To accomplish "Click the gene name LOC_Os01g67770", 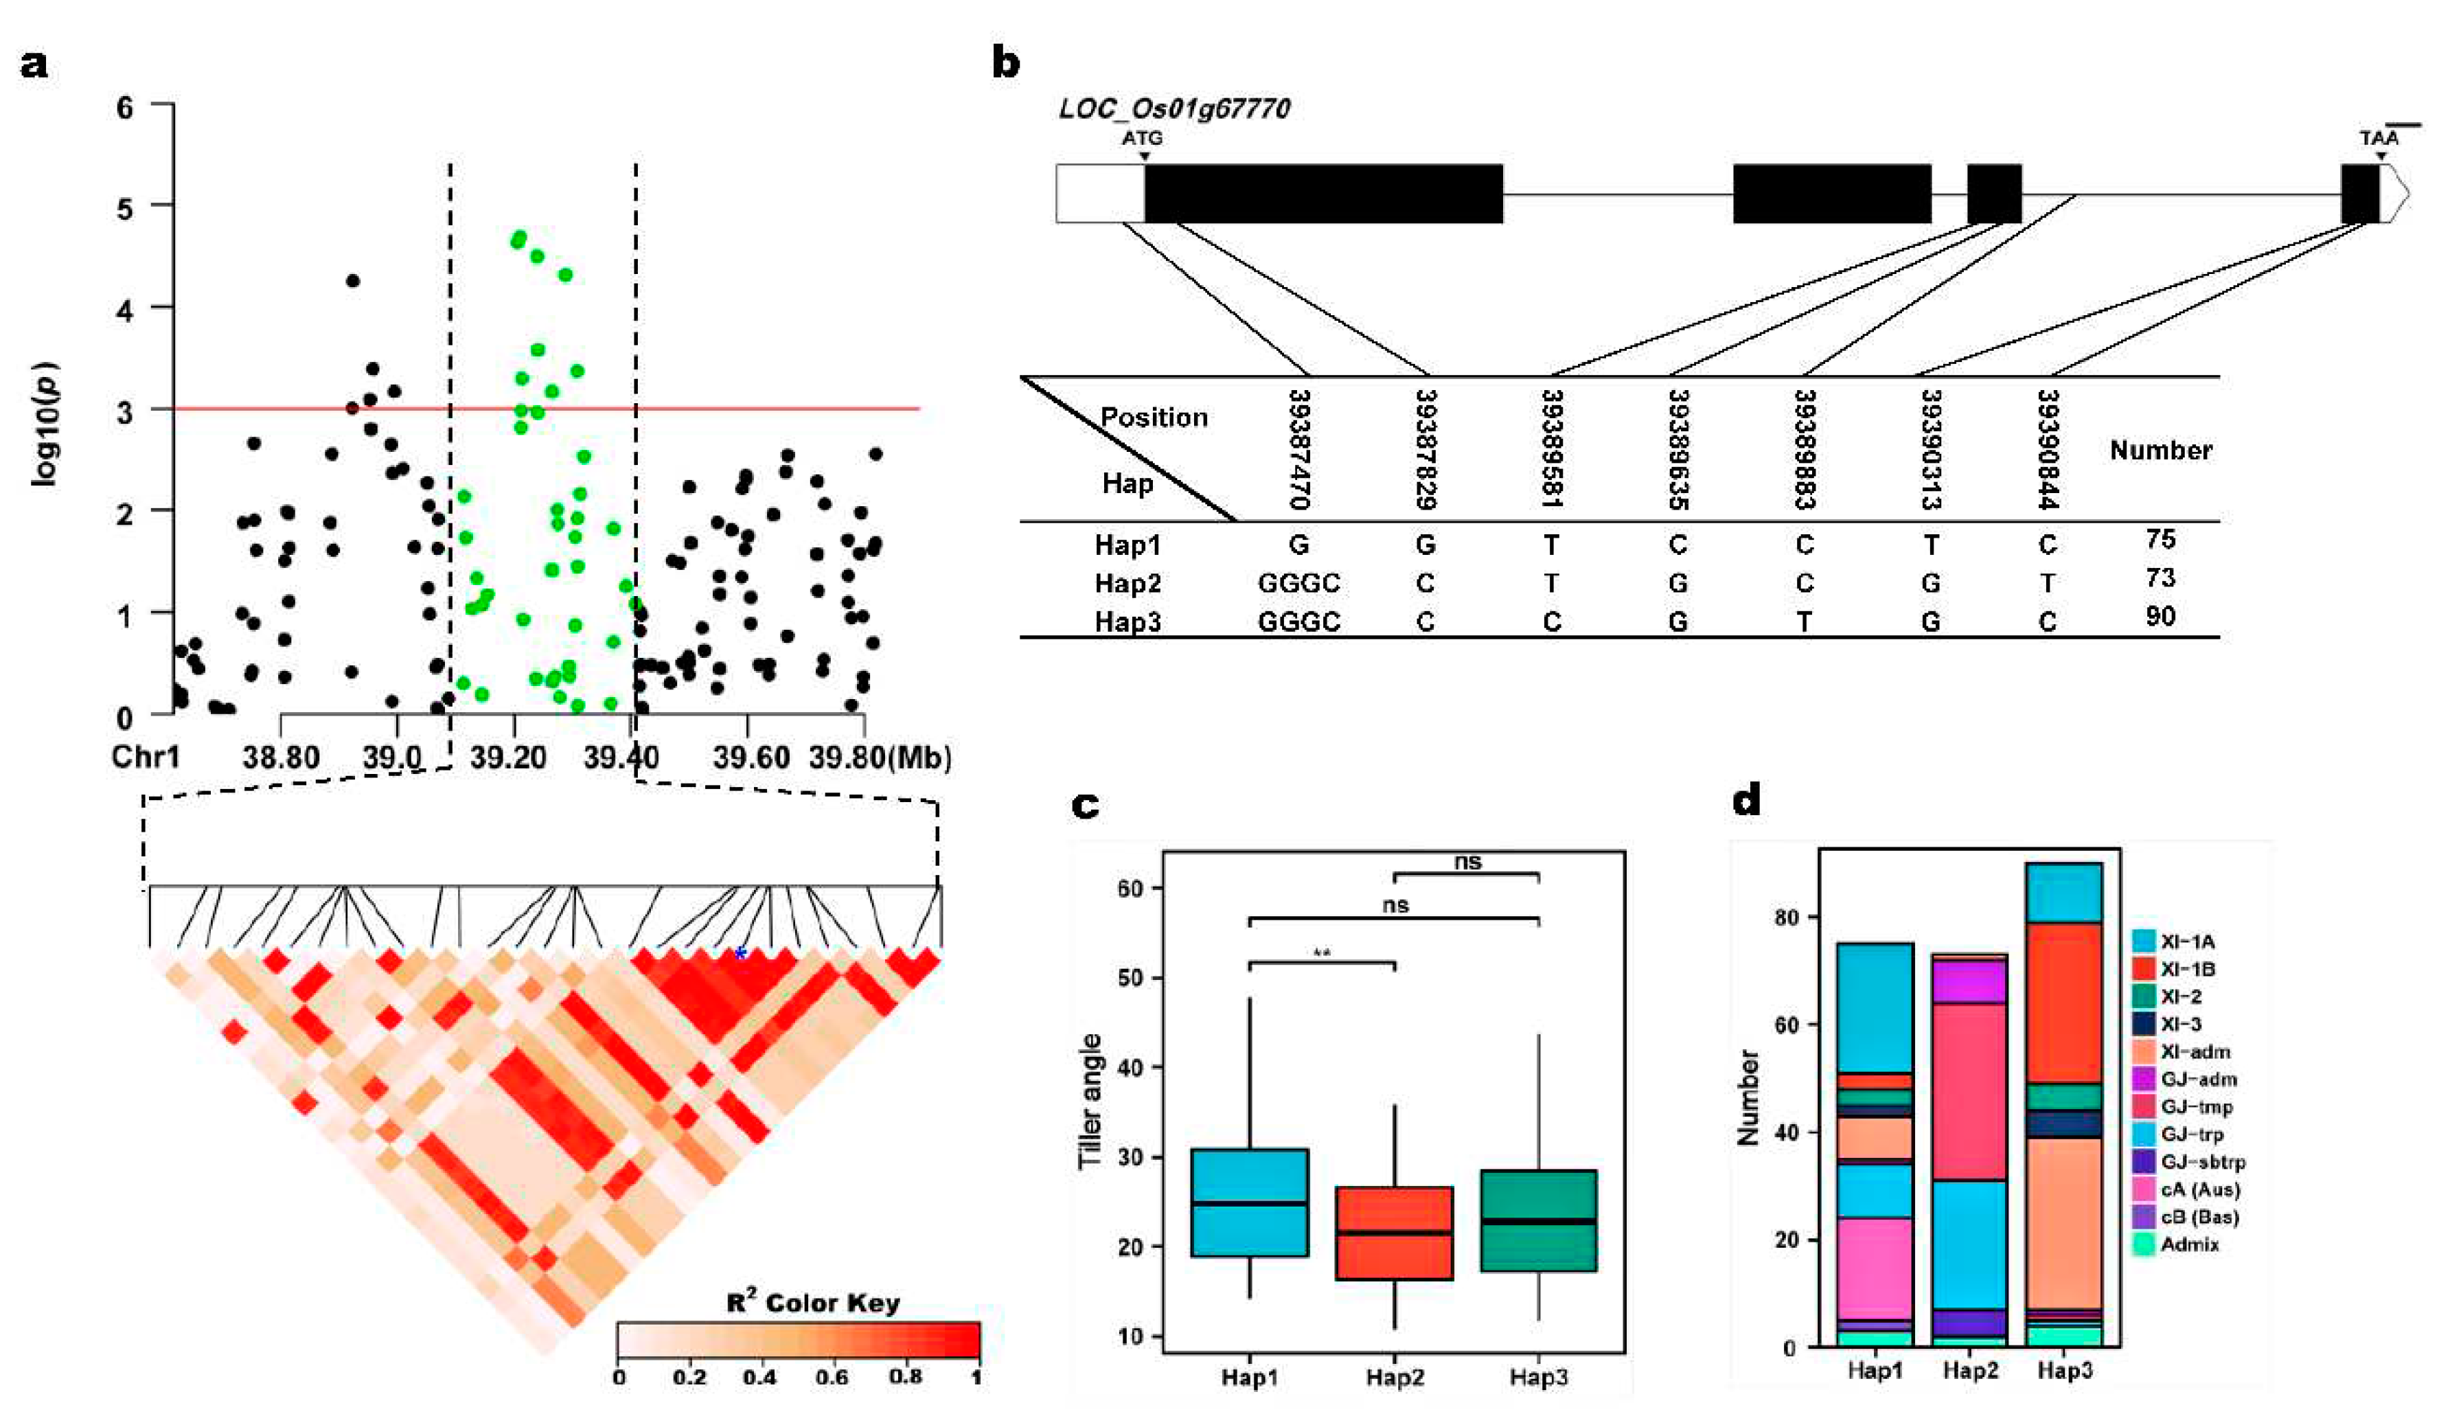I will [x=1174, y=109].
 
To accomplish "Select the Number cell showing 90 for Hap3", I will [x=2160, y=617].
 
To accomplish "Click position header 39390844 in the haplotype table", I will [x=2047, y=449].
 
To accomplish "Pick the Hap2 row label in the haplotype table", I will [x=1127, y=584].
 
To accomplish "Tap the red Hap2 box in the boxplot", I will [x=1394, y=1232].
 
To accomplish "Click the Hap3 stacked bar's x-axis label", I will [x=2065, y=1371].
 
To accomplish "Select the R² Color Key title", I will [x=812, y=1303].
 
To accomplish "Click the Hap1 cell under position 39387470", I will [x=1299, y=545].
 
